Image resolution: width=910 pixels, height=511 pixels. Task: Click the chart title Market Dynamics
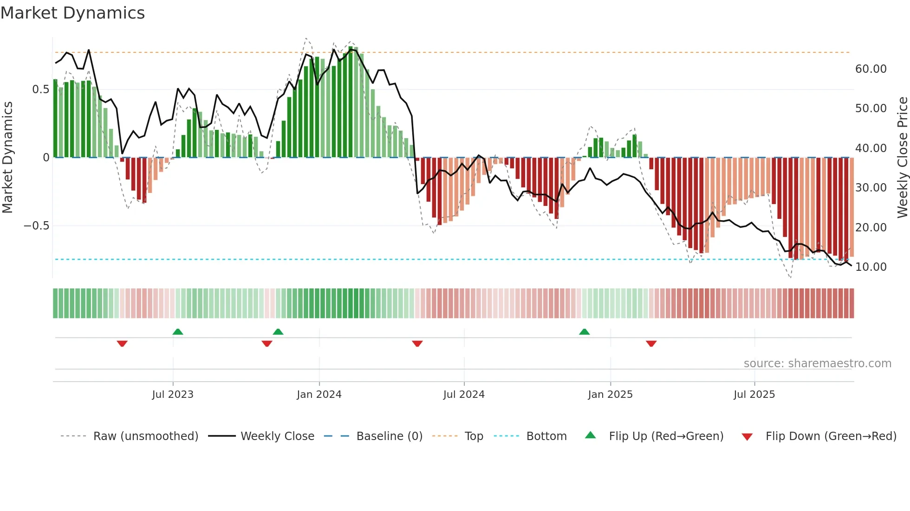tap(72, 13)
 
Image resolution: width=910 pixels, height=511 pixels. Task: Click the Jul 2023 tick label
tap(172, 395)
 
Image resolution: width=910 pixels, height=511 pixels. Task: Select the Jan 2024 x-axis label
tap(319, 395)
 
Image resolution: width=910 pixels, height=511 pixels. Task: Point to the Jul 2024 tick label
tap(464, 395)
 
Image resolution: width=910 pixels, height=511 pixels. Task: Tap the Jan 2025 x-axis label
tap(610, 395)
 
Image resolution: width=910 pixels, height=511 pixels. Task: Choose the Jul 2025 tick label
tap(754, 395)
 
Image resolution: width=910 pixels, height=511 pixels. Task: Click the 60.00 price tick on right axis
tap(871, 69)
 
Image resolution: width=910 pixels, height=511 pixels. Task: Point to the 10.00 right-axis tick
tap(871, 267)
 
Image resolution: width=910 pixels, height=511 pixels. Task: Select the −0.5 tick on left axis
tap(36, 226)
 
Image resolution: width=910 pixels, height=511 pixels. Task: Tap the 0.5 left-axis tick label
tap(40, 89)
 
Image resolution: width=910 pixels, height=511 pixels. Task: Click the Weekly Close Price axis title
tap(902, 157)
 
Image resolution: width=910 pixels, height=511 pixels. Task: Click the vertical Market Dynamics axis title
tap(7, 157)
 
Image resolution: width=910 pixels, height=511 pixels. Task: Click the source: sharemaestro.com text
tap(817, 364)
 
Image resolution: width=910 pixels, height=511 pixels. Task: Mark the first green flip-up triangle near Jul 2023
tap(177, 332)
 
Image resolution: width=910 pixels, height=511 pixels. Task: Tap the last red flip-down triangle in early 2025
tap(651, 344)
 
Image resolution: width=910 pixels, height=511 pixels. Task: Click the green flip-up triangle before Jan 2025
tap(584, 332)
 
